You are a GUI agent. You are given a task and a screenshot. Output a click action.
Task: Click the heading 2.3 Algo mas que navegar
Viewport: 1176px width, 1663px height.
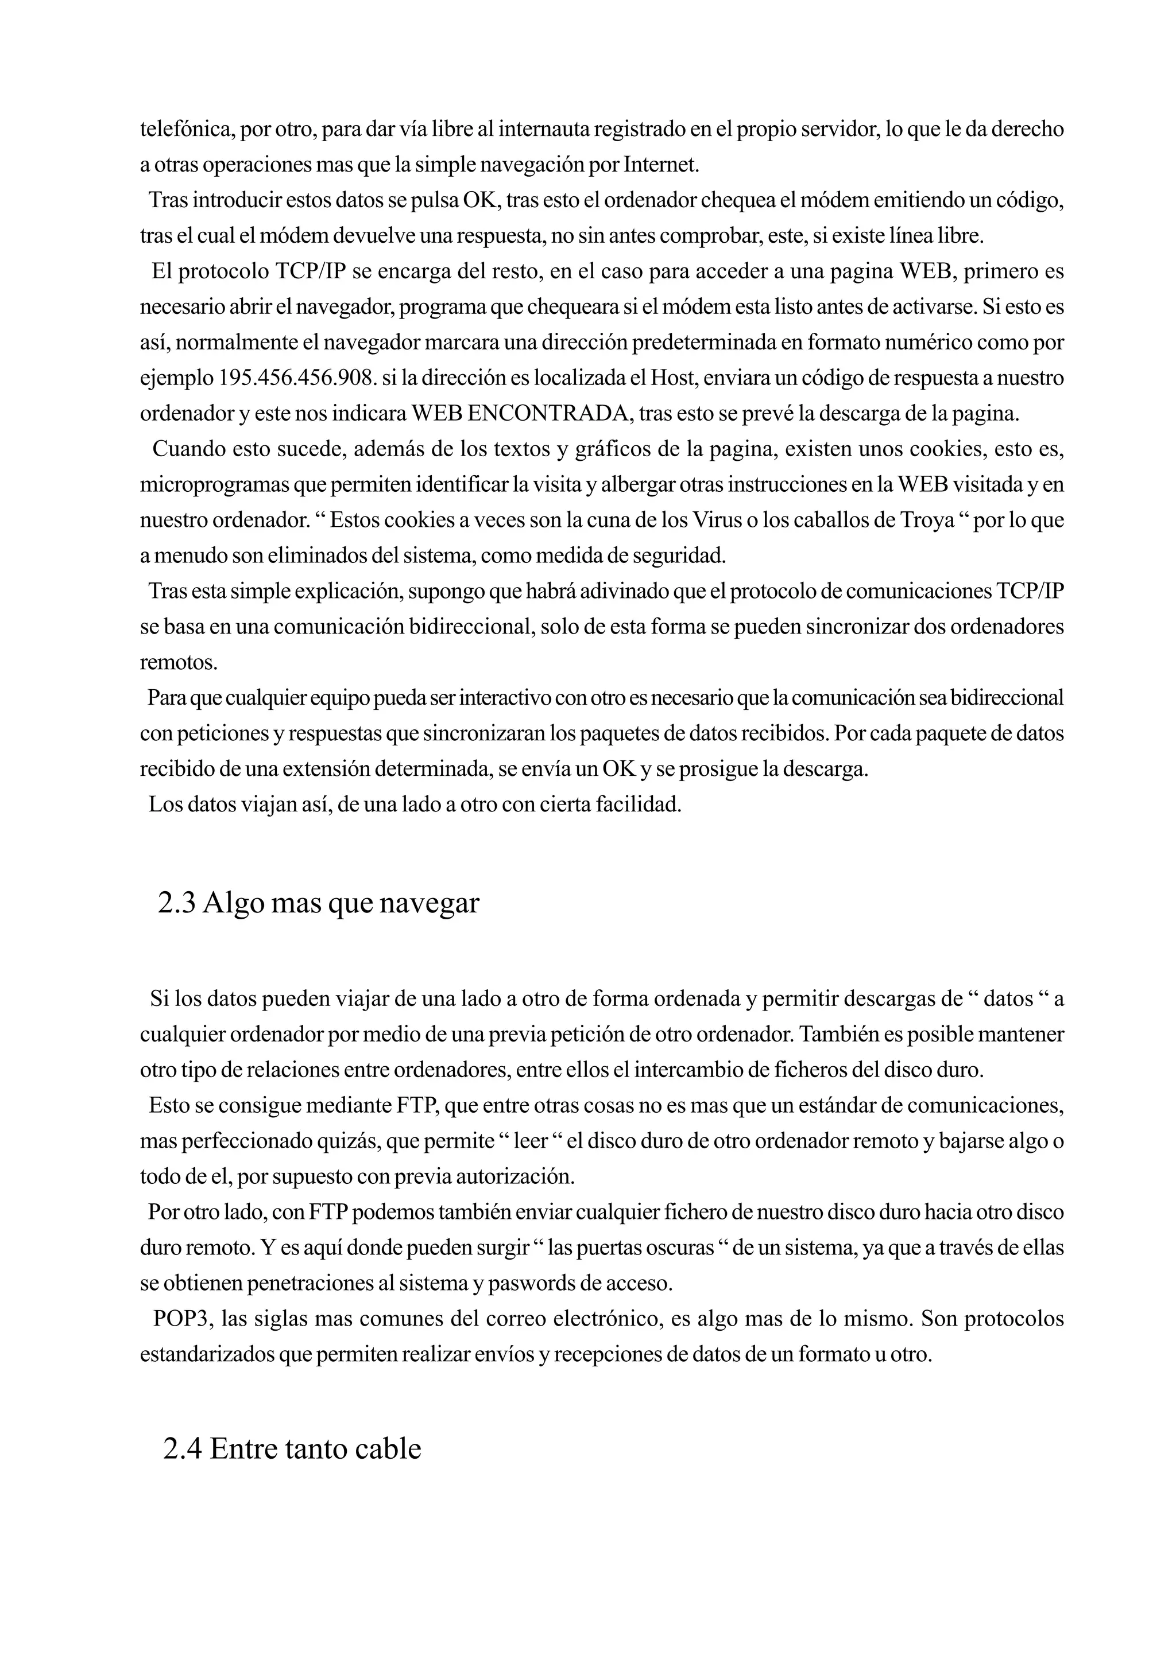coord(319,903)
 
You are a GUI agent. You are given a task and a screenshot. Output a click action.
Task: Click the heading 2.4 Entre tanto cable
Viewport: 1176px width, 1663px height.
coord(292,1448)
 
